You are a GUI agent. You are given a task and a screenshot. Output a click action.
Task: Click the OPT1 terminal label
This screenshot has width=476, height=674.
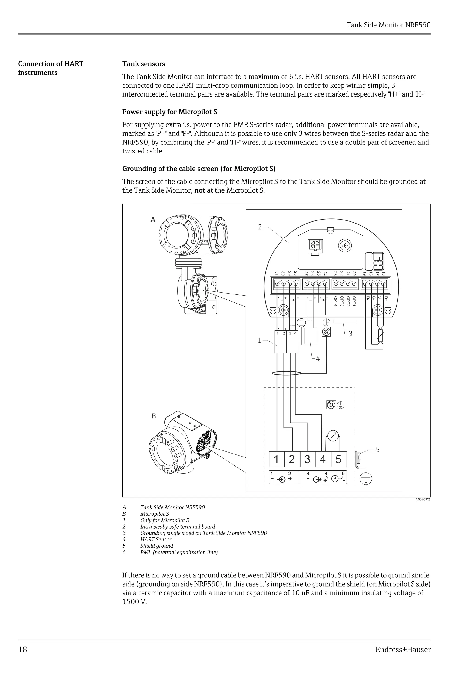[354, 301]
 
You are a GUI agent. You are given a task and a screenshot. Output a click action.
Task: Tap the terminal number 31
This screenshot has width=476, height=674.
[277, 273]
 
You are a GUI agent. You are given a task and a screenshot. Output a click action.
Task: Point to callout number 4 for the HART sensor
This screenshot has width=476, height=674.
[318, 359]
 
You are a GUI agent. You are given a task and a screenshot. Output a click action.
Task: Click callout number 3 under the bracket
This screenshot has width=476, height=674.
[350, 334]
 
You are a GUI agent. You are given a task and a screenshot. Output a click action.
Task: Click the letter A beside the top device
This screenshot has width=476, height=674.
[153, 220]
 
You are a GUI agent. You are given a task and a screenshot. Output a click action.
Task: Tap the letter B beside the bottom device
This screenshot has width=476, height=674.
[153, 416]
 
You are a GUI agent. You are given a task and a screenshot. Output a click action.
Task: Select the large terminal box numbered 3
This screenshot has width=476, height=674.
[307, 459]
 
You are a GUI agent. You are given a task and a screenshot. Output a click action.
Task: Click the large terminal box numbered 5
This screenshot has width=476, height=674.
[338, 459]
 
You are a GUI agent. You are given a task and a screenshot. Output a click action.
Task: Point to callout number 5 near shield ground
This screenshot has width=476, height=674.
[377, 449]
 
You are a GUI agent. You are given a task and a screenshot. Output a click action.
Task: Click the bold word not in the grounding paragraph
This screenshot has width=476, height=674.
[199, 190]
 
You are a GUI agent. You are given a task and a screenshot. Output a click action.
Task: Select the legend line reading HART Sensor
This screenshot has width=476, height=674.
[156, 540]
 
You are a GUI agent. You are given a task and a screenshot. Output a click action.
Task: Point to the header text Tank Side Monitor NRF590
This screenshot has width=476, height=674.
[389, 25]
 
